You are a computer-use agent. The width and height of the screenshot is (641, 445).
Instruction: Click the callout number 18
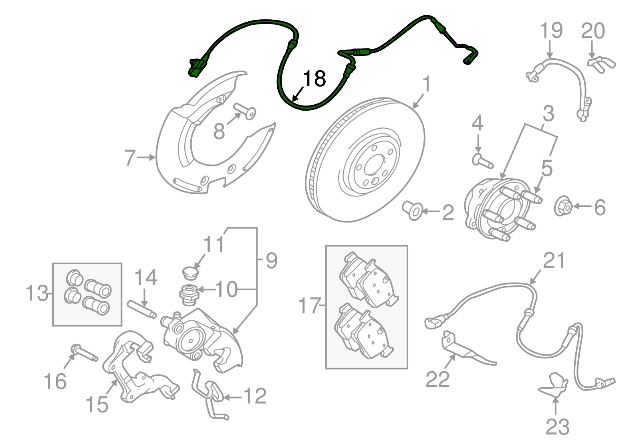click(x=314, y=79)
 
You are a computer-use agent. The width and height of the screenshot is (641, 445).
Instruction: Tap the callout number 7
click(x=130, y=158)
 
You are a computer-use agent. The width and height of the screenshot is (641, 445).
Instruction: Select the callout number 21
click(x=554, y=261)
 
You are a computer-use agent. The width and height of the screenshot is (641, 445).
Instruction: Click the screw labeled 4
click(x=482, y=161)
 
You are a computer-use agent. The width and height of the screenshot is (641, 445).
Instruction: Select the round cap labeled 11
click(x=189, y=273)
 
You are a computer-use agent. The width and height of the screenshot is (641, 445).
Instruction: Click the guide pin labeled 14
click(x=142, y=309)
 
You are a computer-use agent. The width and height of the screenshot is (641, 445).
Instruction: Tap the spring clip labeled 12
click(x=210, y=394)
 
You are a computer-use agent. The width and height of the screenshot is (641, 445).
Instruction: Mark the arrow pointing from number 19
click(x=550, y=50)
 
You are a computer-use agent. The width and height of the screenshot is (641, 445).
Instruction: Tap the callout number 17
click(x=310, y=306)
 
